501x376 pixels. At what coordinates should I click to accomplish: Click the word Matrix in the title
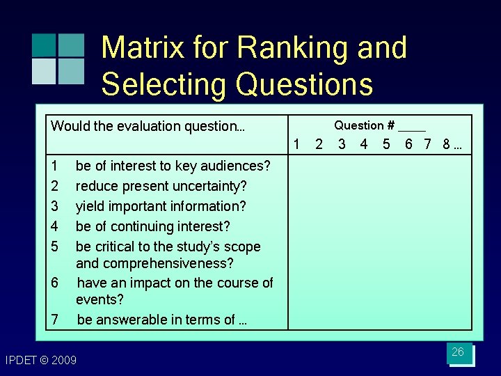pos(143,48)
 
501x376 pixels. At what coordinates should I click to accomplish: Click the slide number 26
pos(458,352)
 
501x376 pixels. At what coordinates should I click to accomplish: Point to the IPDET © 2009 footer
pos(41,360)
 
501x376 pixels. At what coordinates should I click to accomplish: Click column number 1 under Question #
pos(297,145)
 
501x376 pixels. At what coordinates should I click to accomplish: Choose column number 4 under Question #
pos(364,145)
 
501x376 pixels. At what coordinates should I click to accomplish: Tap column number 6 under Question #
pos(409,145)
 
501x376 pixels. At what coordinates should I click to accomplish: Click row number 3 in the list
pos(55,206)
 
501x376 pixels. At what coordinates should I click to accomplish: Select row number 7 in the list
pos(55,320)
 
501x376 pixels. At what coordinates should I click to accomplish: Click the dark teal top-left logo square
pos(43,45)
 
